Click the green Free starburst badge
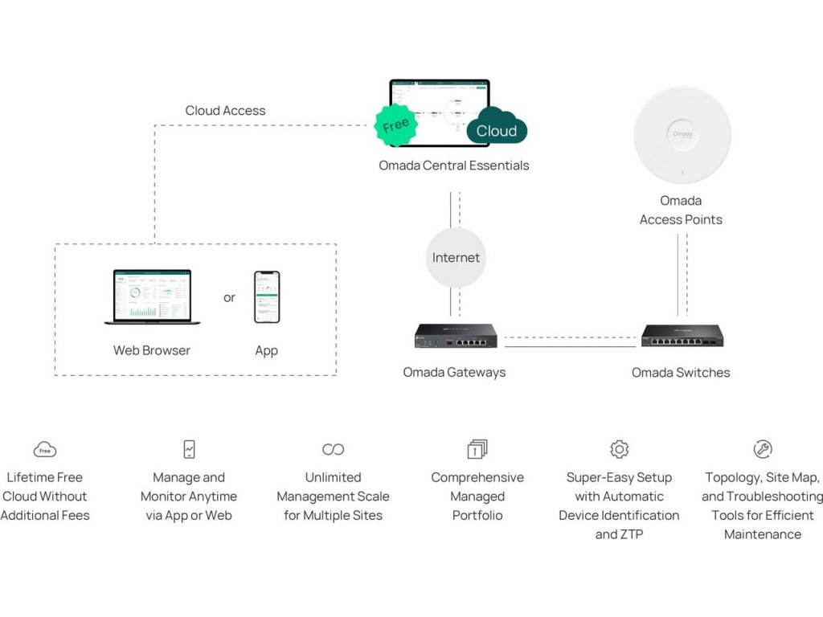point(396,125)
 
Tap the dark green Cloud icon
point(497,128)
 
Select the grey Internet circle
point(456,258)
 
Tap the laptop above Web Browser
point(153,296)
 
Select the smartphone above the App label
point(267,296)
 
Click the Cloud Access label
point(225,111)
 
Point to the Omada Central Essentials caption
point(454,165)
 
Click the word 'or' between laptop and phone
point(230,298)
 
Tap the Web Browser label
point(152,350)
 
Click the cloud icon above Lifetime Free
point(45,450)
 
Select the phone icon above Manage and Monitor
point(189,449)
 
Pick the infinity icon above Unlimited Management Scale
point(333,449)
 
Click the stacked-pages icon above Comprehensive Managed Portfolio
point(477,449)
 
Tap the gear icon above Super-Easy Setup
point(619,449)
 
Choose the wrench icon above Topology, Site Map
point(763,449)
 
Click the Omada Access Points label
point(681,210)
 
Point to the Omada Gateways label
point(454,373)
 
